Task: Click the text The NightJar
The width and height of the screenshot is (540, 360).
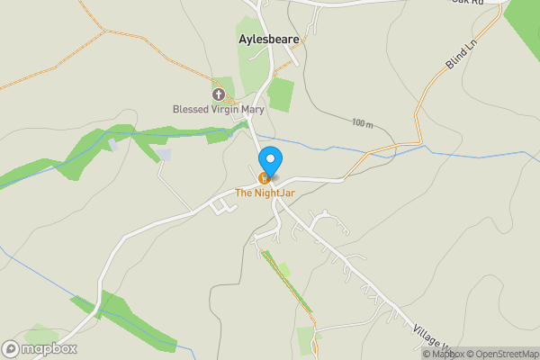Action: tap(265, 192)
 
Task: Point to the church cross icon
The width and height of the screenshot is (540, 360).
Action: tap(218, 94)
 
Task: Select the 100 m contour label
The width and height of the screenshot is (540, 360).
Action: tap(362, 122)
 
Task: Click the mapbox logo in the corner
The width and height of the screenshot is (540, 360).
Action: tap(40, 348)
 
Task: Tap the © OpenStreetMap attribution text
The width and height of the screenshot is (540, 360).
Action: tap(500, 353)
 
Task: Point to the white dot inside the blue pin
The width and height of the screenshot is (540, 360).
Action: tap(269, 157)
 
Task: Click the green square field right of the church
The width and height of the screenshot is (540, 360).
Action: tap(281, 94)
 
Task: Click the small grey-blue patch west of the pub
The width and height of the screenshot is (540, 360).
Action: tap(163, 155)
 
